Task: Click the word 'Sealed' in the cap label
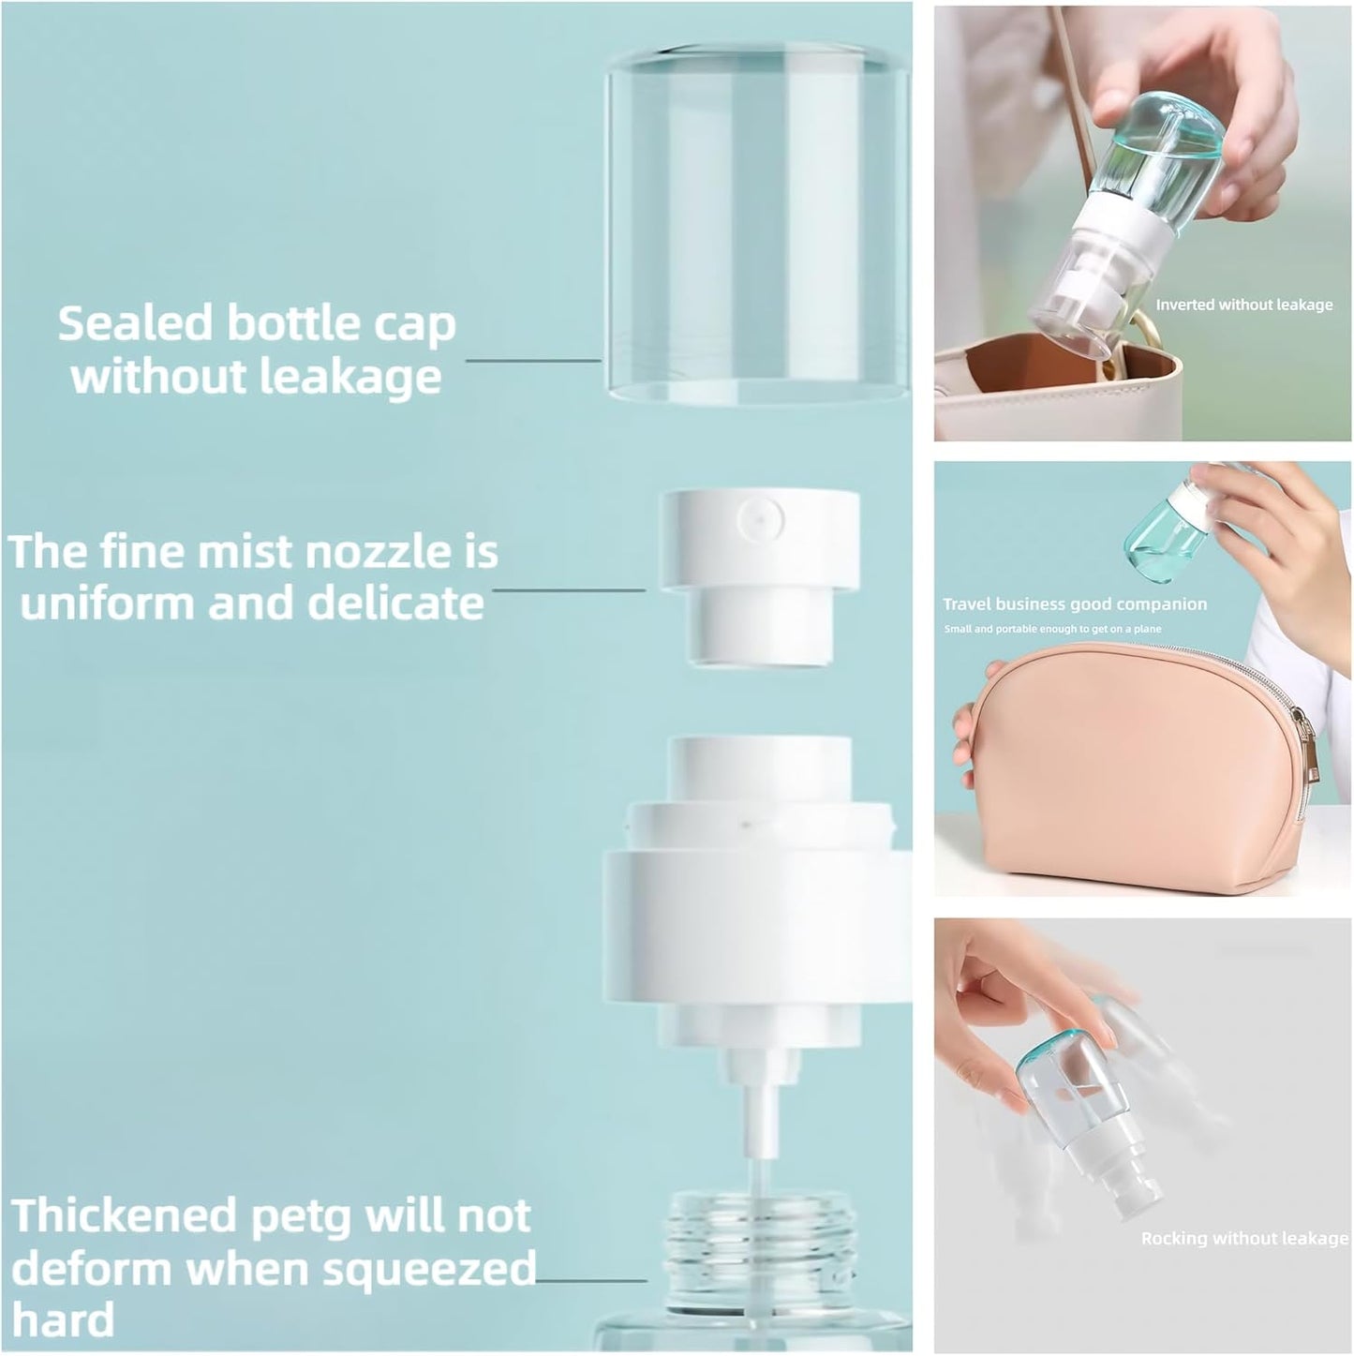click(x=135, y=323)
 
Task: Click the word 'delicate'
click(x=395, y=603)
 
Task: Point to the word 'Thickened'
click(x=125, y=1216)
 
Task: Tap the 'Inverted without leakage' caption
click(x=1243, y=305)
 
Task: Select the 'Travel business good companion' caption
click(x=1075, y=604)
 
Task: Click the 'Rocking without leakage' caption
click(x=1244, y=1239)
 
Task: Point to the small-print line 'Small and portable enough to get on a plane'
click(x=1052, y=629)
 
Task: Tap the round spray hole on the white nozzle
click(x=760, y=514)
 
